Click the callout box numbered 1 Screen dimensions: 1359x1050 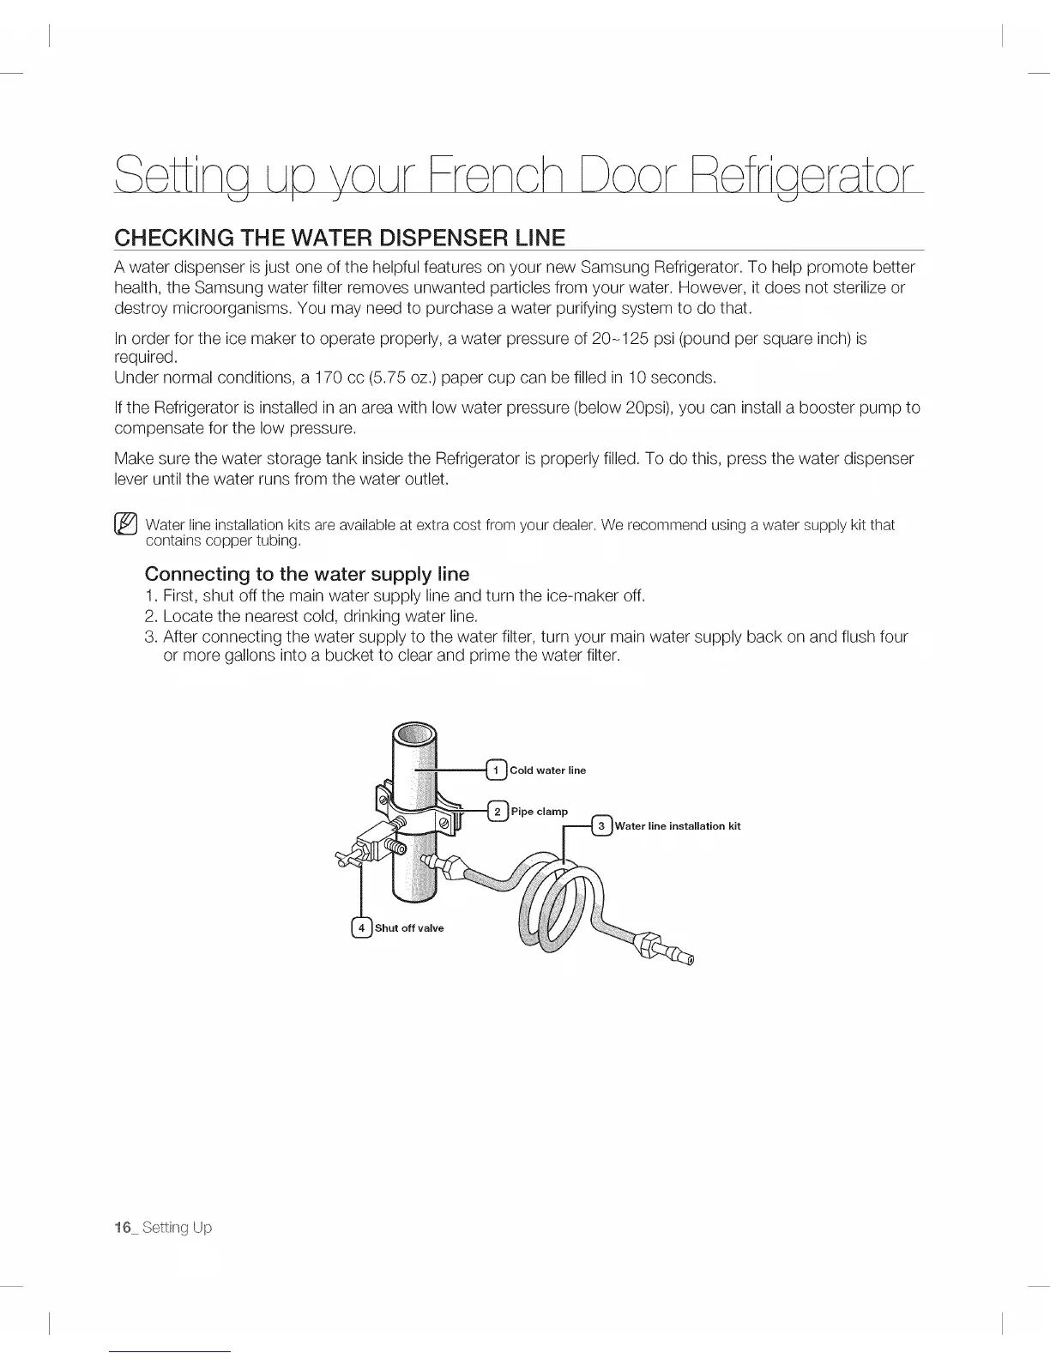coord(498,770)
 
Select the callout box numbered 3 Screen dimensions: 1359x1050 coord(603,826)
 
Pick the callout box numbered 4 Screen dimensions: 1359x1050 coord(363,927)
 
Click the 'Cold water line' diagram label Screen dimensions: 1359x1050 coord(548,770)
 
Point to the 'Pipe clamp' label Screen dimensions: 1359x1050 coord(540,812)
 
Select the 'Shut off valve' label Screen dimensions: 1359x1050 coord(409,928)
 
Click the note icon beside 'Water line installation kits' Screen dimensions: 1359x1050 coord(125,523)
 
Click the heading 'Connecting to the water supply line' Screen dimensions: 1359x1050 coord(307,573)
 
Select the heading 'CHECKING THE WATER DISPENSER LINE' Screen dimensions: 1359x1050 coord(340,237)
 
